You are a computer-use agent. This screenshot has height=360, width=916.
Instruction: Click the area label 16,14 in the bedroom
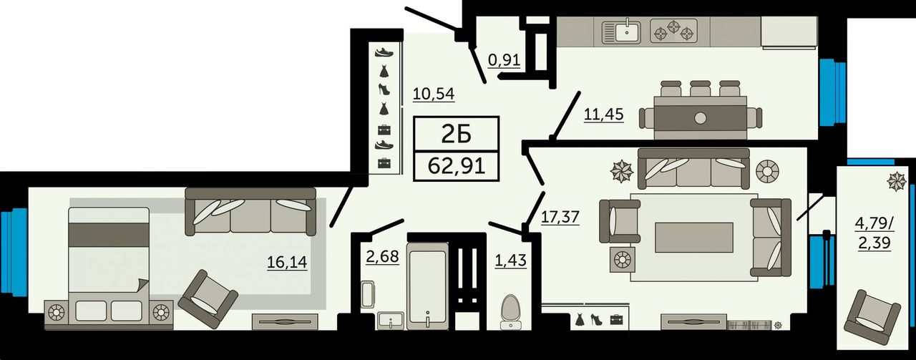[x=287, y=262]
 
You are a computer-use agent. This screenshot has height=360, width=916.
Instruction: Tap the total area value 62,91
[x=457, y=166]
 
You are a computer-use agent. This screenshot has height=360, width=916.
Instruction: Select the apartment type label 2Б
[x=457, y=134]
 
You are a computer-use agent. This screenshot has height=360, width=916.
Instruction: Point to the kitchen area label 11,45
[x=603, y=115]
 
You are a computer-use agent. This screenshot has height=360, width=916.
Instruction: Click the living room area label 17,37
[x=560, y=217]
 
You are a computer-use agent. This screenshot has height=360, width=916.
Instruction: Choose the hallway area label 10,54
[x=434, y=94]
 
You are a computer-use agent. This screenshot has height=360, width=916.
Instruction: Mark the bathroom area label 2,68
[x=382, y=257]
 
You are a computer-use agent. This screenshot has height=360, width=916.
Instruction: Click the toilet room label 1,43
[x=511, y=261]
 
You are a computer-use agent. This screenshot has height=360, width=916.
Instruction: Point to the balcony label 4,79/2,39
[x=874, y=233]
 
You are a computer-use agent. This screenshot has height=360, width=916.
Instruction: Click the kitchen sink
[x=622, y=31]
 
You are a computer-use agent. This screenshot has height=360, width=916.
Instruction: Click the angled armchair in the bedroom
[x=208, y=298]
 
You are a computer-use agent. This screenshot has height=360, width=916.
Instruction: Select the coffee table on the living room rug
[x=694, y=238]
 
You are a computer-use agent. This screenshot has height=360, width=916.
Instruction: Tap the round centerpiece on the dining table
[x=701, y=118]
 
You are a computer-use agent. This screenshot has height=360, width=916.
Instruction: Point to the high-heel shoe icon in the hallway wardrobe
[x=384, y=89]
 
